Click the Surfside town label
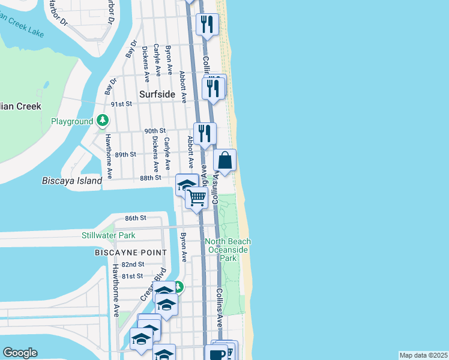[157, 94]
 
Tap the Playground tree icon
[103, 121]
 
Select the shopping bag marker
[225, 161]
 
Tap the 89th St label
[125, 154]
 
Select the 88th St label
[151, 178]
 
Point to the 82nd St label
[133, 264]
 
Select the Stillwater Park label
[109, 235]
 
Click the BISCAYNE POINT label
[130, 253]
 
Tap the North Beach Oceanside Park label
[228, 250]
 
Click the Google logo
[20, 353]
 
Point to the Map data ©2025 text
[423, 355]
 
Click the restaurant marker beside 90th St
[205, 134]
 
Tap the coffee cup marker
[215, 354]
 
